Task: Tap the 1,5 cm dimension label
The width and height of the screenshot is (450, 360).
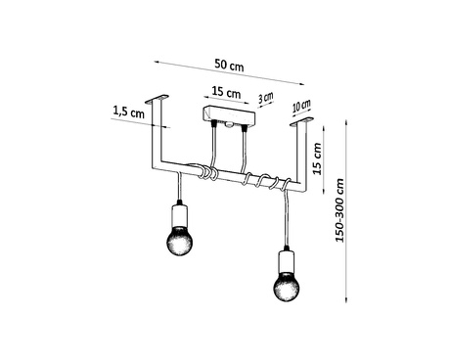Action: (129, 113)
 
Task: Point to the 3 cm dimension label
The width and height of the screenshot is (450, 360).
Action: (264, 99)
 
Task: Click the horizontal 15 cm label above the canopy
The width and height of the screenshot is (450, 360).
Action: (224, 94)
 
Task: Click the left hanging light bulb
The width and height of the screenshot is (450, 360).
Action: (179, 241)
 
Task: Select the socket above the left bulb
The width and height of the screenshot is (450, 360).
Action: (179, 213)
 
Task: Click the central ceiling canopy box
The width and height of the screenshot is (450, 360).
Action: (227, 119)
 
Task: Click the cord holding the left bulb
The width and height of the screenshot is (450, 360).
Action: (179, 186)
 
